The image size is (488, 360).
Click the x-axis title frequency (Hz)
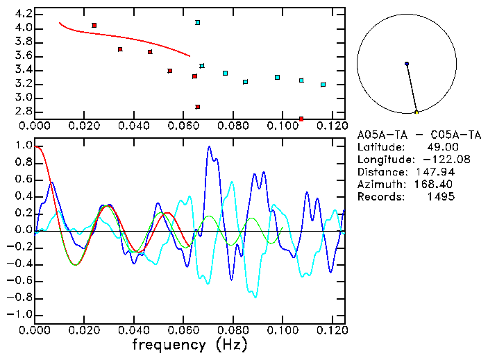pos(189,344)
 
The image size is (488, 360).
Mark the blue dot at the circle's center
pos(407,64)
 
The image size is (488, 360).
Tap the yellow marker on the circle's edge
pos(417,112)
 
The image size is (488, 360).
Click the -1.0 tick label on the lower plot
pos(20,314)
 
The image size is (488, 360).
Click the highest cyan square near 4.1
pos(198,23)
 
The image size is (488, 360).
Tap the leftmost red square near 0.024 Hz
pos(94,25)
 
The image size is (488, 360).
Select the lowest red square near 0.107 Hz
pos(301,119)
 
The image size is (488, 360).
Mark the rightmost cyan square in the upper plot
pos(323,85)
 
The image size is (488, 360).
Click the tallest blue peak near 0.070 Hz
pos(209,147)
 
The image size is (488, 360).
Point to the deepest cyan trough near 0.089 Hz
pos(255,297)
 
